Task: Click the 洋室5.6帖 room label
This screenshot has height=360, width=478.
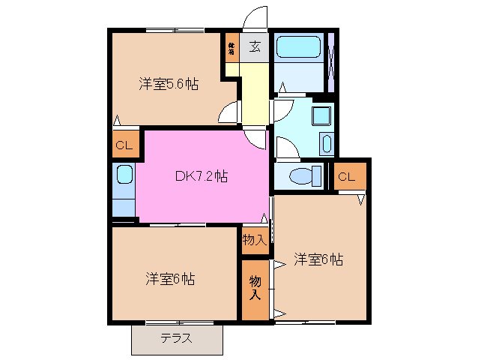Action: click(x=168, y=84)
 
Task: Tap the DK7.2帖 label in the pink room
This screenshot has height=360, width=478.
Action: click(x=202, y=177)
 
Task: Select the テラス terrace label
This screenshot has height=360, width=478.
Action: click(x=176, y=338)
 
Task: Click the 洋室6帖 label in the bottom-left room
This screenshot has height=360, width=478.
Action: click(x=170, y=279)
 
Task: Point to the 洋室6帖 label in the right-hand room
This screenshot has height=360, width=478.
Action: click(x=318, y=259)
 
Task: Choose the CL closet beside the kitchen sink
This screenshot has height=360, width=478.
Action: click(x=124, y=145)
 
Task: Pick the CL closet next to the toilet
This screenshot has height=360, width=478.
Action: click(x=346, y=177)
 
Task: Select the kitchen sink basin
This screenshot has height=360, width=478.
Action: click(x=124, y=178)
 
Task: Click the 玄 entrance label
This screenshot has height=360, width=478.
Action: click(x=255, y=47)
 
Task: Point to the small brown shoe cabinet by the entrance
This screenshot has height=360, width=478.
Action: click(x=232, y=49)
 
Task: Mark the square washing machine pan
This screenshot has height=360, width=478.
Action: click(x=322, y=116)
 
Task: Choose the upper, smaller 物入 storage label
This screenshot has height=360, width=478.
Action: click(x=255, y=240)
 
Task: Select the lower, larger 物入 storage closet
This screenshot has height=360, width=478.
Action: click(x=255, y=289)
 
